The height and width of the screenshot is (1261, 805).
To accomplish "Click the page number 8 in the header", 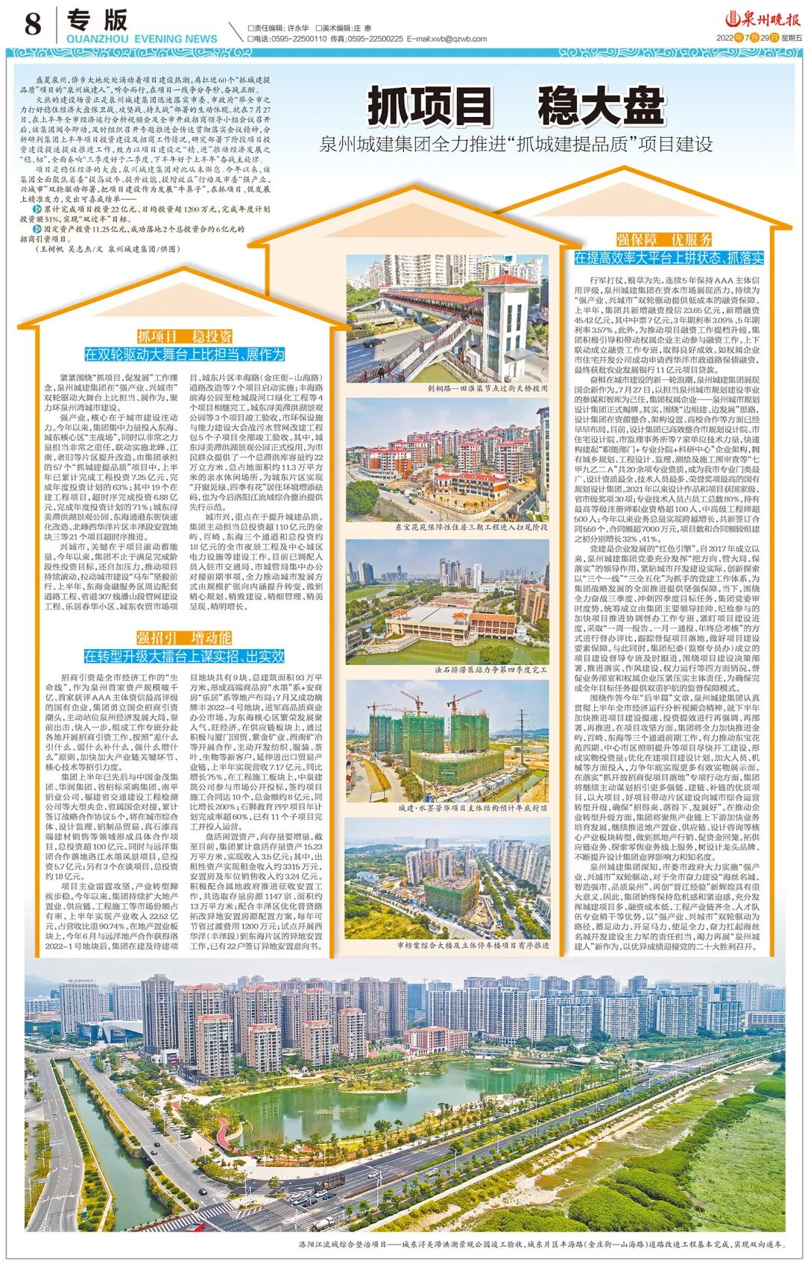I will (32, 25).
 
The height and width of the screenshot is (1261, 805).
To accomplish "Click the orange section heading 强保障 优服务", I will (664, 239).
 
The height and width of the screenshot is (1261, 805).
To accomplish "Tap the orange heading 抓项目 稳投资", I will (184, 336).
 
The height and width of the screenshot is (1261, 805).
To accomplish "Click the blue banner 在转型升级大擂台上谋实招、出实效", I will (184, 656).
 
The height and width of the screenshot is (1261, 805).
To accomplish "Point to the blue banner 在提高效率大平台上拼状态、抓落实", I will (669, 258).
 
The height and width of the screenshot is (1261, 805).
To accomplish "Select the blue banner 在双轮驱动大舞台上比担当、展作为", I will (184, 355).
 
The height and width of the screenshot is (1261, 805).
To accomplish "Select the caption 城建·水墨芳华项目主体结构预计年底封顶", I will (473, 807).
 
